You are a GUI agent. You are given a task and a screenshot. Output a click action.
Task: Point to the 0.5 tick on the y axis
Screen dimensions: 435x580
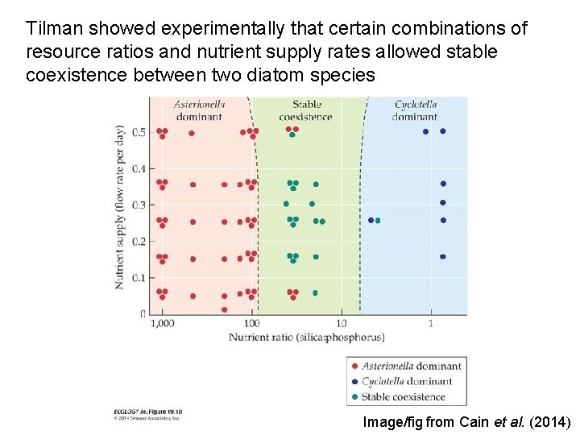pos(139,132)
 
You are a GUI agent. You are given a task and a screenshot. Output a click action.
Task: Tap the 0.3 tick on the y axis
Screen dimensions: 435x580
pos(139,205)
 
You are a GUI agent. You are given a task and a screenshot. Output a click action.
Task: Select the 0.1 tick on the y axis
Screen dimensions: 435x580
pos(139,278)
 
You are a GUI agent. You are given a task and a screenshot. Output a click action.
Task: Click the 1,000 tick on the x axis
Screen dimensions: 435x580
pos(161,323)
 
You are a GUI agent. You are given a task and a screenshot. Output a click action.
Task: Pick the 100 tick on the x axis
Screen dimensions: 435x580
pos(252,323)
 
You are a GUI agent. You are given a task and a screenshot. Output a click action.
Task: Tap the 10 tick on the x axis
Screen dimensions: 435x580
pos(342,323)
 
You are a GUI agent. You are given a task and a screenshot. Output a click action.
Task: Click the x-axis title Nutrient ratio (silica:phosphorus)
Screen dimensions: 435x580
pos(306,337)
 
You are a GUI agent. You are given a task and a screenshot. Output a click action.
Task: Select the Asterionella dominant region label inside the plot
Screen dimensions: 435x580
pos(198,110)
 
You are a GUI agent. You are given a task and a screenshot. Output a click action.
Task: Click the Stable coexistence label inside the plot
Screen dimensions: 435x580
pos(305,110)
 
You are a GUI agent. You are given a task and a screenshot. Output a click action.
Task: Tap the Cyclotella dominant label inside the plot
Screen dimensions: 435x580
pos(415,110)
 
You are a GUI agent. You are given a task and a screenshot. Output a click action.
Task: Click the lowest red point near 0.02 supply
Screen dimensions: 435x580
pos(224,309)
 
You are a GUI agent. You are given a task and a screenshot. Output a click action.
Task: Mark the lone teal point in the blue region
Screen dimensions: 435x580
pos(378,220)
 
